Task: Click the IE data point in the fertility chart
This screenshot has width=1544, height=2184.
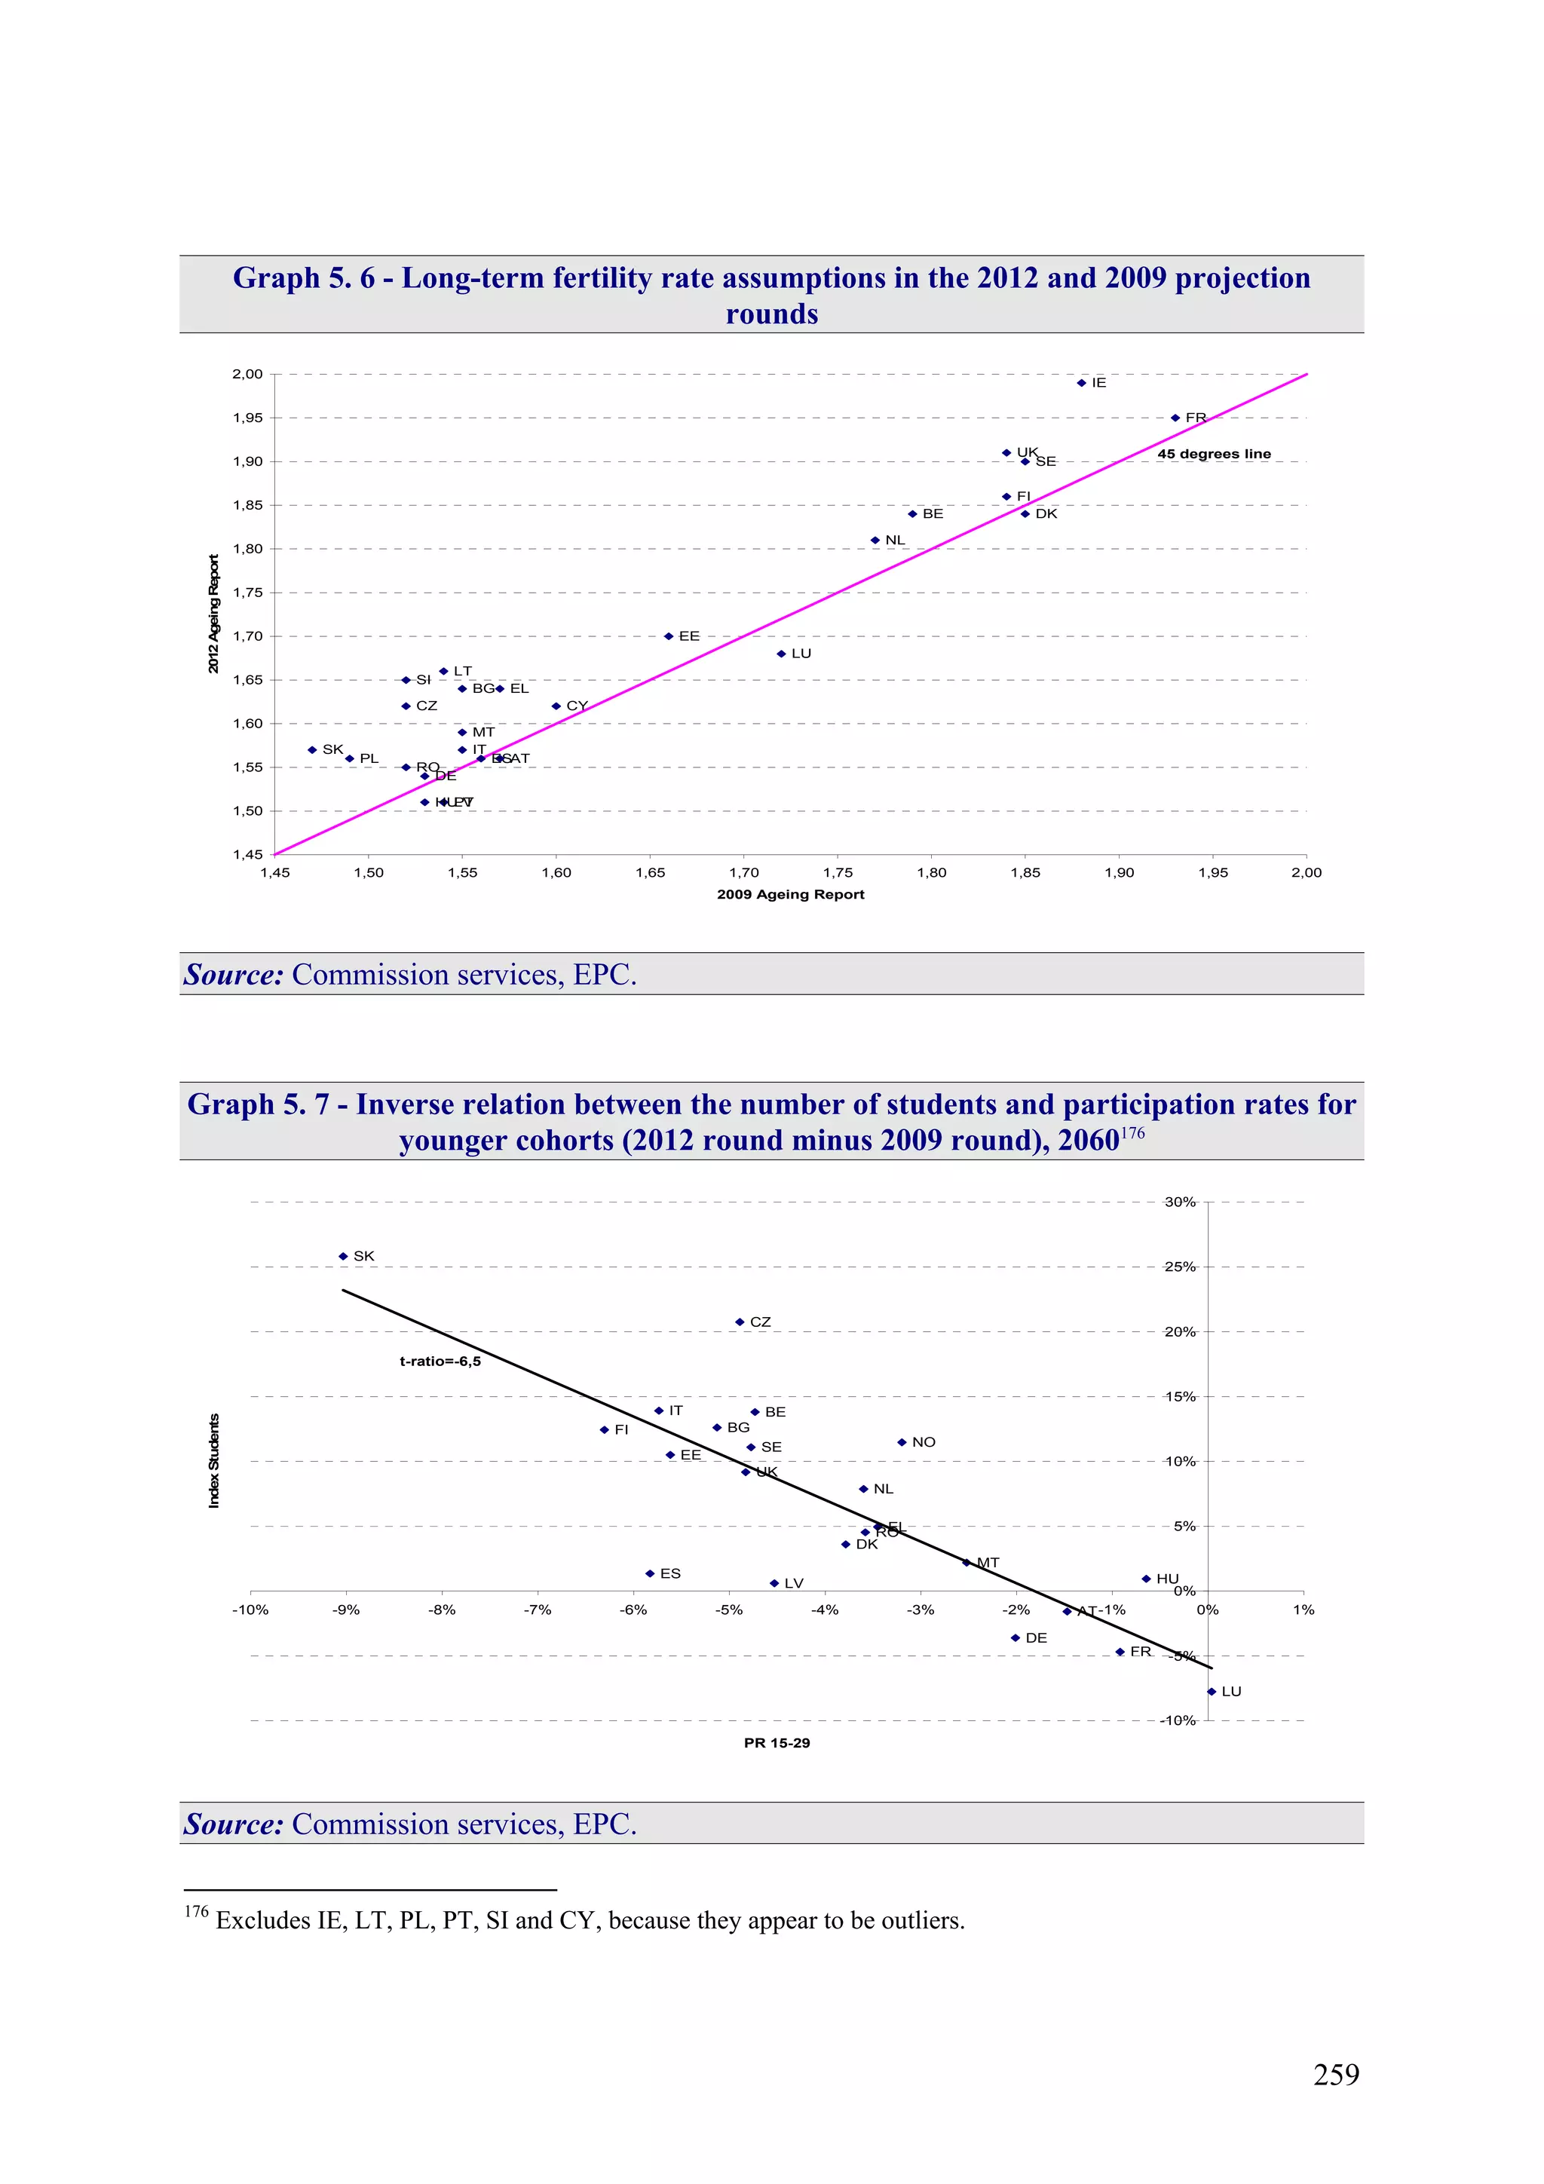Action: tap(1082, 383)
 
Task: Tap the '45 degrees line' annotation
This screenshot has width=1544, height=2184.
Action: tap(1214, 454)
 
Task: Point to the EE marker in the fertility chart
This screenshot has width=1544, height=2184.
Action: tap(669, 636)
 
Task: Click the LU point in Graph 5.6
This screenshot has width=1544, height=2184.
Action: tap(781, 654)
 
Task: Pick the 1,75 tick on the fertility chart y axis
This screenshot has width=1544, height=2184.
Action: tap(247, 593)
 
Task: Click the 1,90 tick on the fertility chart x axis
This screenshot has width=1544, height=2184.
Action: tap(1119, 872)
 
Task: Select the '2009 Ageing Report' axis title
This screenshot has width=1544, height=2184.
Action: tap(791, 894)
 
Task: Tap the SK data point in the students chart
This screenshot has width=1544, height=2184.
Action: tap(344, 1257)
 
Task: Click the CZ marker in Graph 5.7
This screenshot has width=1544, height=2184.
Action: tap(740, 1322)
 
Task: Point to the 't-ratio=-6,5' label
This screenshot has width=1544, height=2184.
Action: tap(440, 1362)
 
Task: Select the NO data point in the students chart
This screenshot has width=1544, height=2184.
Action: tap(902, 1442)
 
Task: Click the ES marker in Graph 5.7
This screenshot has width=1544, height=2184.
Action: tap(650, 1573)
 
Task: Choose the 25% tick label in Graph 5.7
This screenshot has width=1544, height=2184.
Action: tap(1180, 1267)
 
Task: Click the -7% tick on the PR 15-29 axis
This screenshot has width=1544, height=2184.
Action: tap(538, 1610)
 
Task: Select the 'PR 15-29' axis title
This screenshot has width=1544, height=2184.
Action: tap(777, 1743)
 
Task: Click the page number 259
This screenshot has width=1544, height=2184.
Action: tap(1336, 2075)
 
